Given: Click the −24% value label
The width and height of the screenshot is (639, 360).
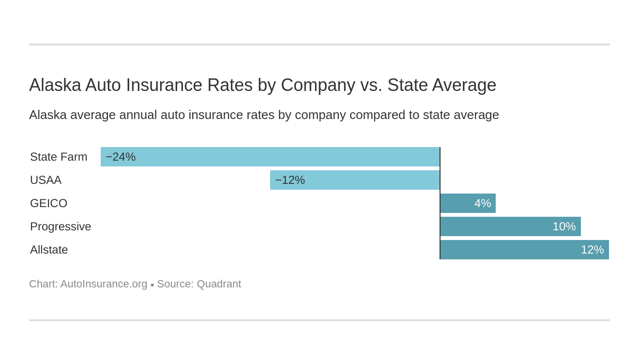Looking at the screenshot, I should click(121, 157).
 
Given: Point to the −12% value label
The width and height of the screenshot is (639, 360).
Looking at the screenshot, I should click(290, 180).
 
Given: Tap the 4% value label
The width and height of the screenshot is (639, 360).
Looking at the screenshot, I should click(483, 203).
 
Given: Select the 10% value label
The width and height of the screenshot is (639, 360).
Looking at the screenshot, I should click(564, 226).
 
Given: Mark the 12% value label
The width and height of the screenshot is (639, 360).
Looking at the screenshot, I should click(592, 250).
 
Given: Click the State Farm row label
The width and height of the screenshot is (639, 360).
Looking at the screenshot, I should click(59, 157).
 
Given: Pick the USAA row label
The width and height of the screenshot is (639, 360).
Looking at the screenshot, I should click(46, 180).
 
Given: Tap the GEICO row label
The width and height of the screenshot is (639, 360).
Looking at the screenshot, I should click(48, 203).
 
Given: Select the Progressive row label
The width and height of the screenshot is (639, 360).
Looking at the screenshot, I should click(61, 226).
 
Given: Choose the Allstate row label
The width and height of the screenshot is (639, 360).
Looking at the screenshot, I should click(49, 250).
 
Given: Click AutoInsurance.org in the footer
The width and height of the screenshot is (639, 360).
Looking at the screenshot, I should click(104, 284).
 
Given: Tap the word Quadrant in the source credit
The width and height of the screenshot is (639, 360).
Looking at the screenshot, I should click(219, 284).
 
